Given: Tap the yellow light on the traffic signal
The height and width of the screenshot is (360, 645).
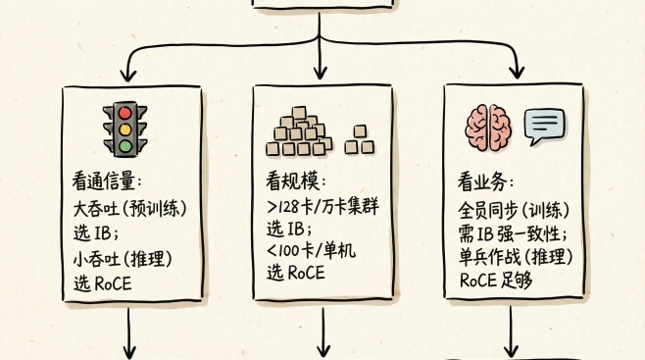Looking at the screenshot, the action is tap(124, 130).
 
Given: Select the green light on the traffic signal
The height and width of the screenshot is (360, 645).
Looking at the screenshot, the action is tap(124, 146).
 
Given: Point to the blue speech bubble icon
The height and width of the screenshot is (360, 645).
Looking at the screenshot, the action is tap(545, 126).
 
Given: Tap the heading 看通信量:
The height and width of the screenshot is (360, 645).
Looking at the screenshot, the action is tap(107, 182).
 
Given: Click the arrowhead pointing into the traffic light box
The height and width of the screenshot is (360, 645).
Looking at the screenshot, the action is tap(128, 73).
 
